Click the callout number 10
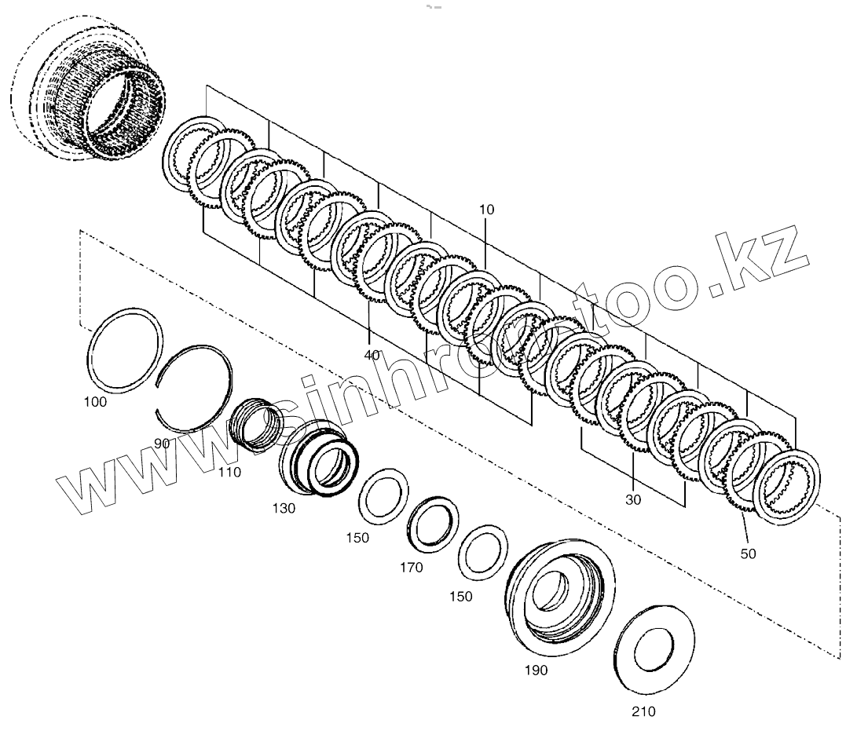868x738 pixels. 486,210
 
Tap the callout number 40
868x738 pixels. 372,355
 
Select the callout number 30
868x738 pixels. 634,499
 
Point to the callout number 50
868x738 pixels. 748,553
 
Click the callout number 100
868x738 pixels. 95,402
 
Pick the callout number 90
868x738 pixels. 162,444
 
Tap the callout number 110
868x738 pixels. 230,472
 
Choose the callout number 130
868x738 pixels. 284,508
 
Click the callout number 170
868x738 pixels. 410,567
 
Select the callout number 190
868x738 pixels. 537,670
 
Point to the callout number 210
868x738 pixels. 642,712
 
